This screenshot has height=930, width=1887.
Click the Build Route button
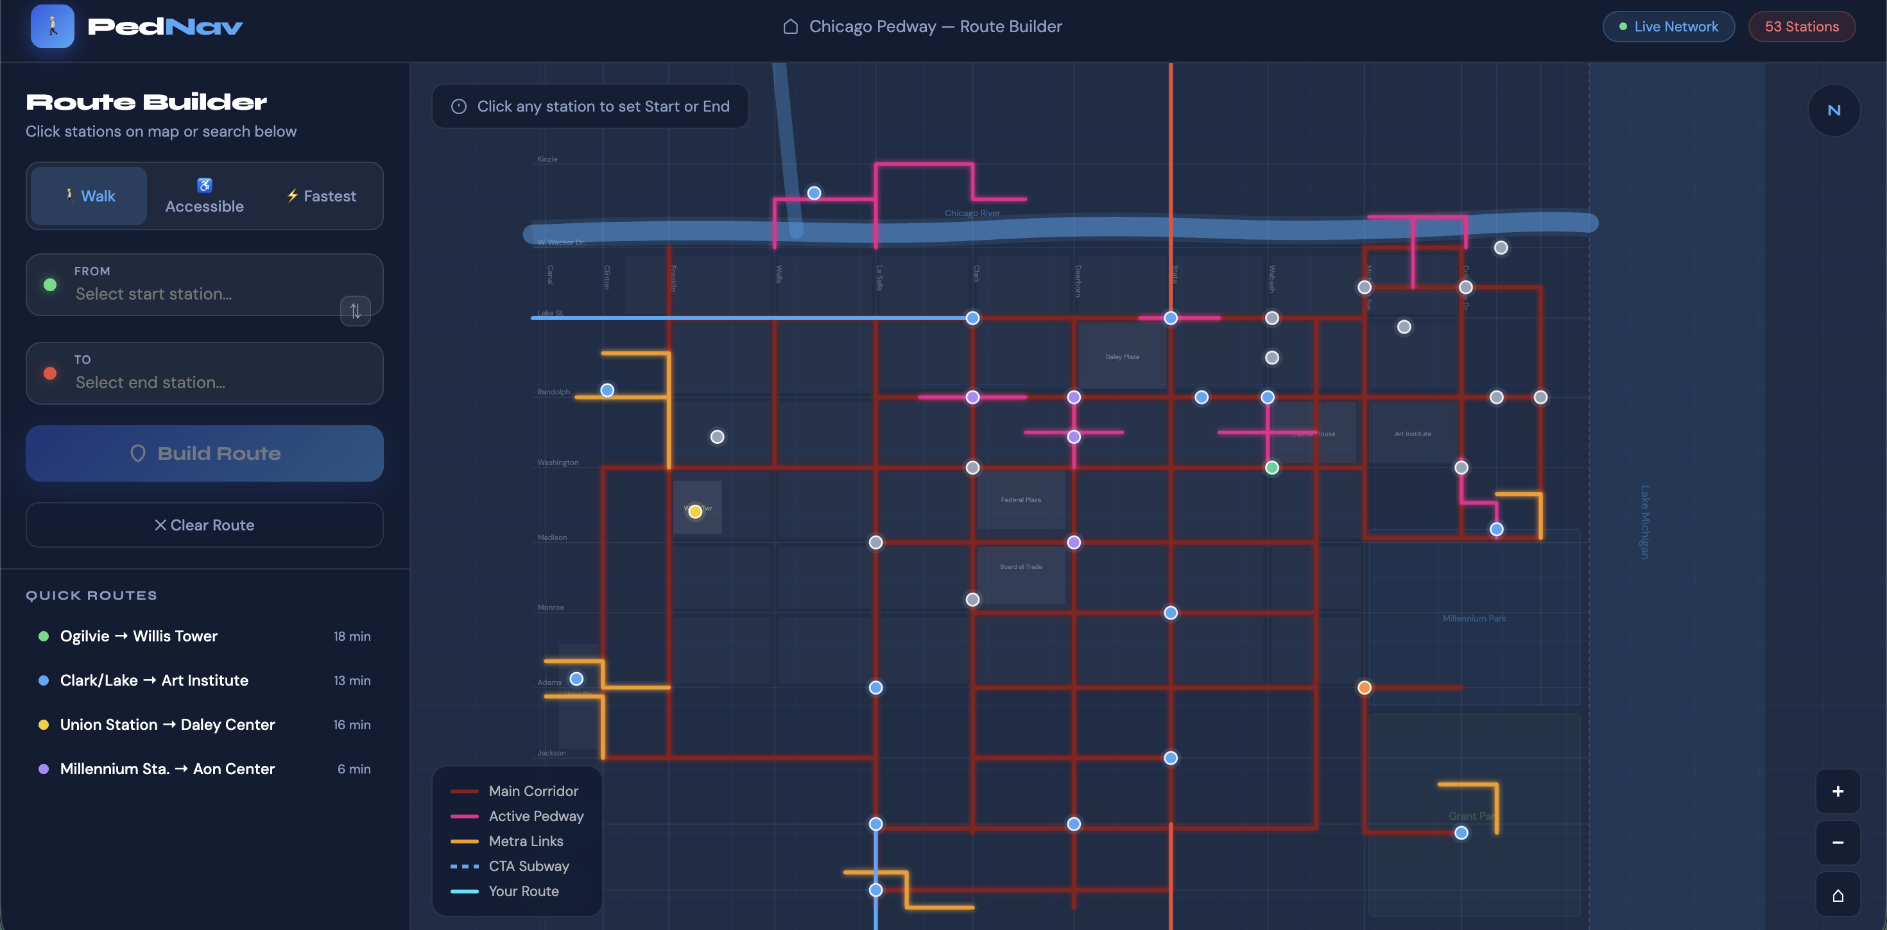click(204, 453)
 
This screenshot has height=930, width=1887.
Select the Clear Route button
click(204, 525)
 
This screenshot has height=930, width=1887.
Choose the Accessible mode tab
click(204, 196)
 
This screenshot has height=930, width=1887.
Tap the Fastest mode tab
click(322, 196)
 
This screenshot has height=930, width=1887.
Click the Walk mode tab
click(89, 196)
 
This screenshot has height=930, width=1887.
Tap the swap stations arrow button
click(356, 310)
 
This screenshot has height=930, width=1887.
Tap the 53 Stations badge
click(1801, 26)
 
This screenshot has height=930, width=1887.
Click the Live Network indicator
click(1668, 26)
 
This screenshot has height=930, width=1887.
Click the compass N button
click(1834, 110)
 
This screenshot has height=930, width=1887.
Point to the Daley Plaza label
click(1121, 357)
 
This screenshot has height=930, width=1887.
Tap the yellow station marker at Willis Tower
click(695, 511)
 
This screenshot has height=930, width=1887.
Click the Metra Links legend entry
click(525, 841)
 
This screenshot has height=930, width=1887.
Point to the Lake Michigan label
click(1644, 521)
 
